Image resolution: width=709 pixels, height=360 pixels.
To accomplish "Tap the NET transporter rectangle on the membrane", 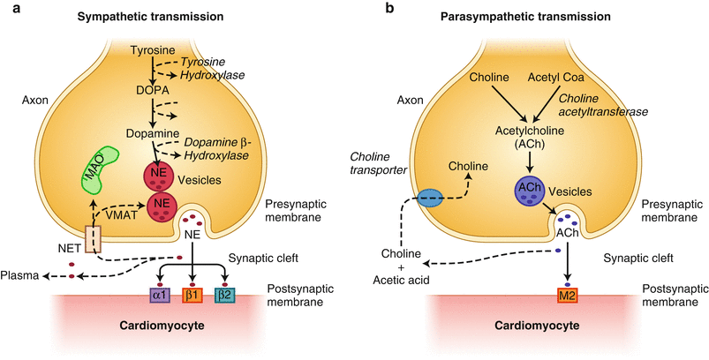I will [94, 238].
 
